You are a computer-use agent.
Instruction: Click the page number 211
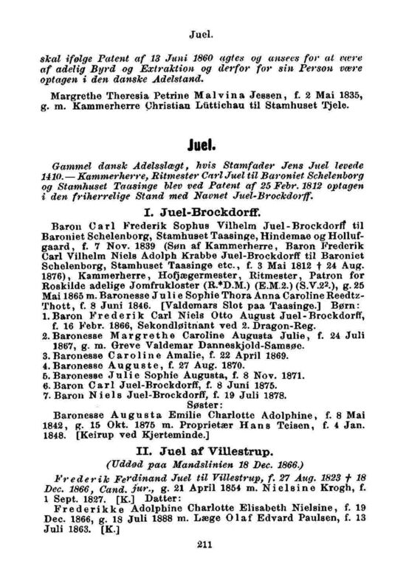click(204, 545)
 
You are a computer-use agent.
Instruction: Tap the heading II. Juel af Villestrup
click(203, 451)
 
